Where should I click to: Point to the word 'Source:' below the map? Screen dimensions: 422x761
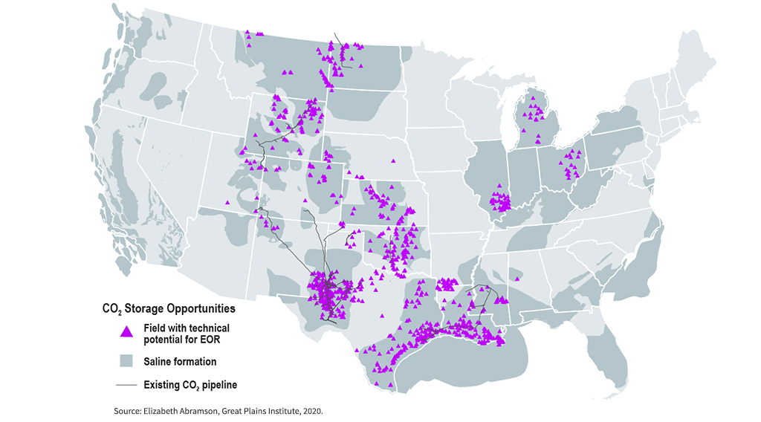[x=131, y=410]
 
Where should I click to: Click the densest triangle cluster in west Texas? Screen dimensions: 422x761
[x=326, y=290]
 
